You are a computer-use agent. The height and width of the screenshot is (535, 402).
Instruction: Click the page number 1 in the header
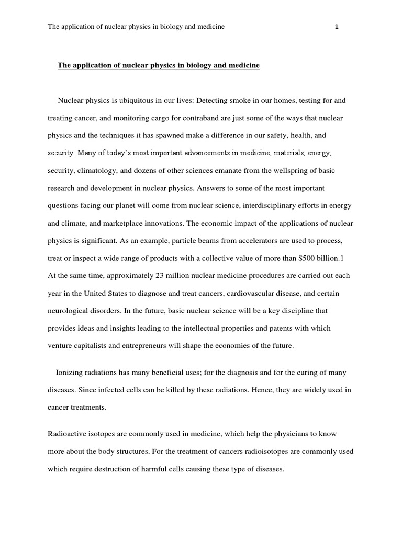coord(337,27)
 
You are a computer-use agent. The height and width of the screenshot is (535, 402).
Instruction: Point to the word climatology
coord(94,170)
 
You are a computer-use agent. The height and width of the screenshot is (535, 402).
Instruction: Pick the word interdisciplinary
coord(257,206)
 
